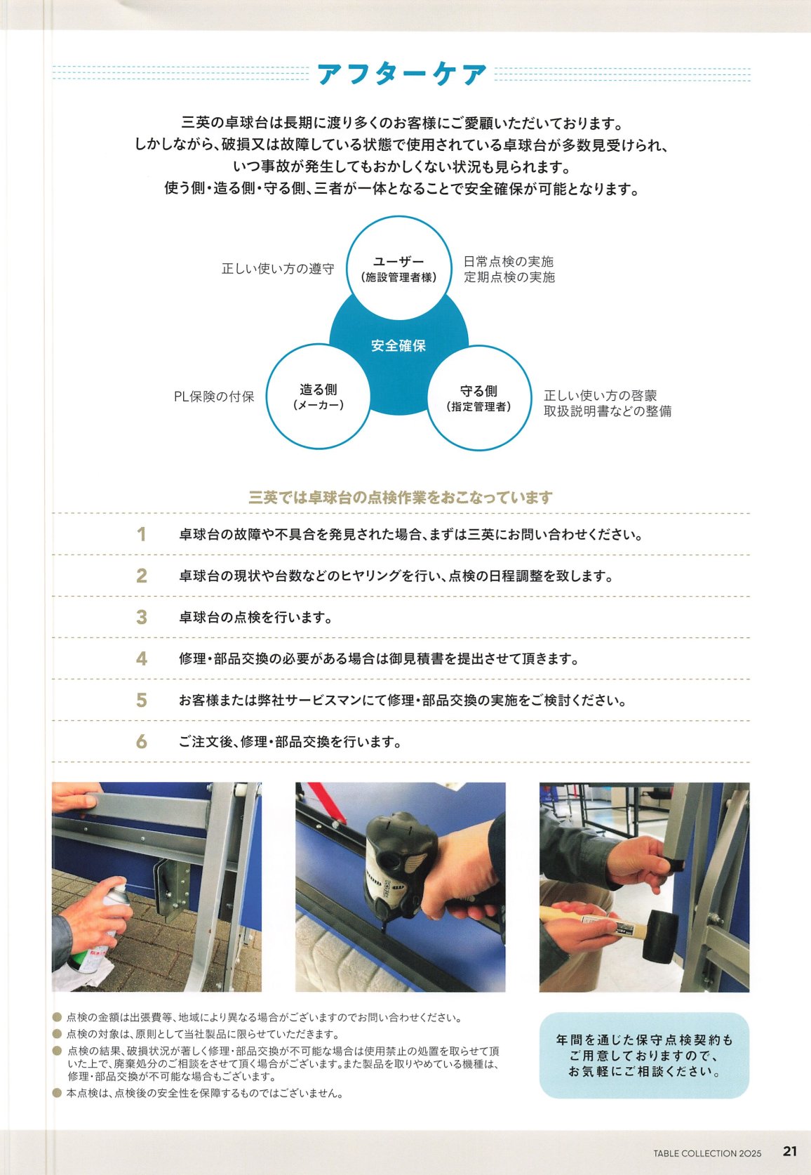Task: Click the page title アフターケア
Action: pos(401,74)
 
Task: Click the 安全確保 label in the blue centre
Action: pos(398,345)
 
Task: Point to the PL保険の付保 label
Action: pos(214,397)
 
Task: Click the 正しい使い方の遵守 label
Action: pos(278,269)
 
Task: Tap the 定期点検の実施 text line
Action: pos(509,277)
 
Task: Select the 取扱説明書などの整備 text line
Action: pos(608,411)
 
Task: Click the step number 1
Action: pos(141,535)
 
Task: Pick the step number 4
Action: pos(142,659)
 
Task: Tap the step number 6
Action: pos(142,742)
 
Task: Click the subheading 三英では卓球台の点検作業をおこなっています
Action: pos(401,497)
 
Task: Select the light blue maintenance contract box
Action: pos(644,1056)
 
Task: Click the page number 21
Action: pos(790,1151)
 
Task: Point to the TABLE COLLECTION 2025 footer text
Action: pos(707,1153)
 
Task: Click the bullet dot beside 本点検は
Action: pos(58,1093)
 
